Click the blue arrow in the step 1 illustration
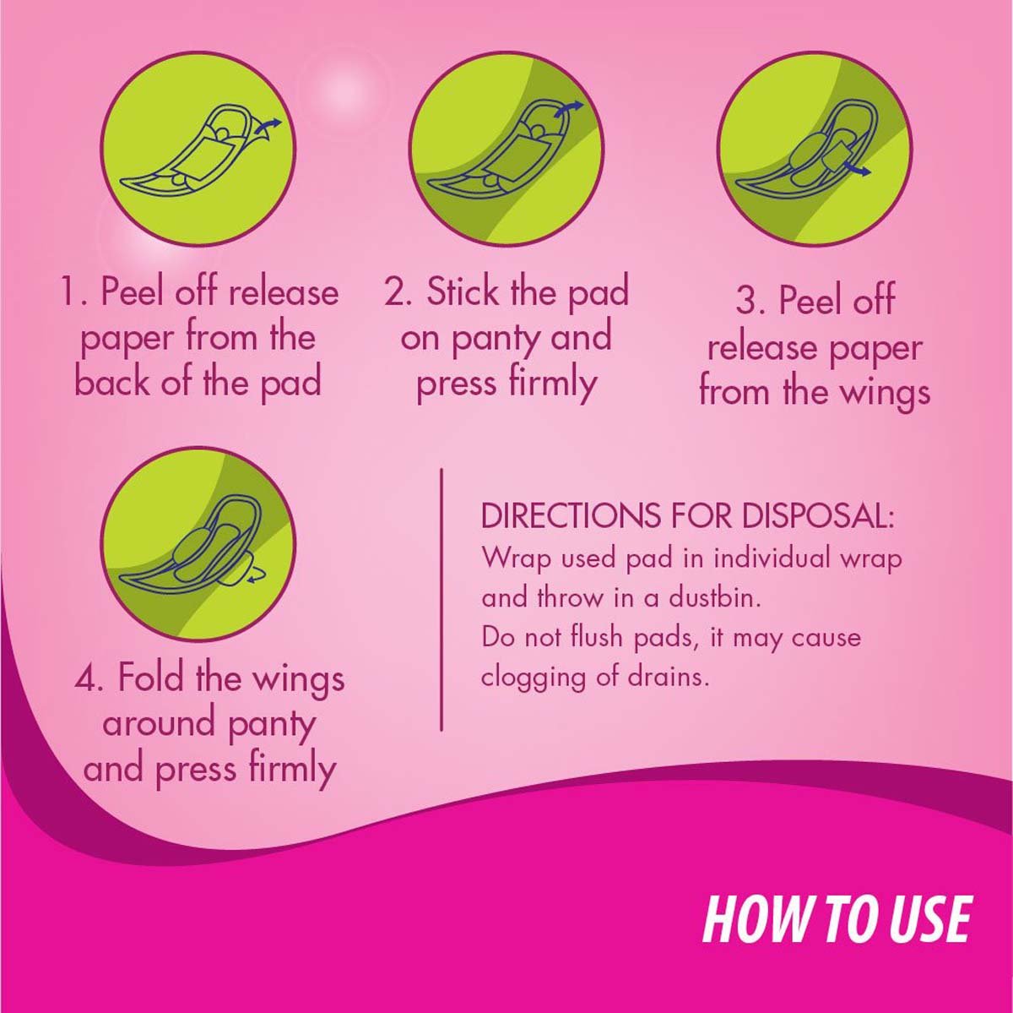269,125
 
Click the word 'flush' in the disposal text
599,636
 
